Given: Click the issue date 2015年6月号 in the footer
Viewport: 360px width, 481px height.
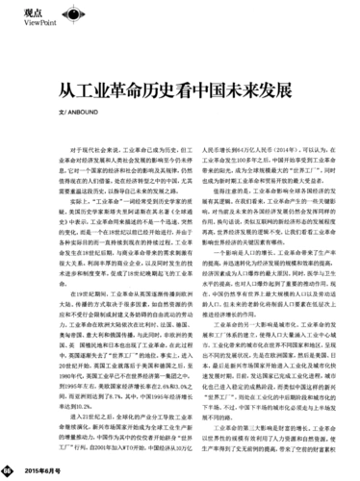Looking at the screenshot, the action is coord(39,471).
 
